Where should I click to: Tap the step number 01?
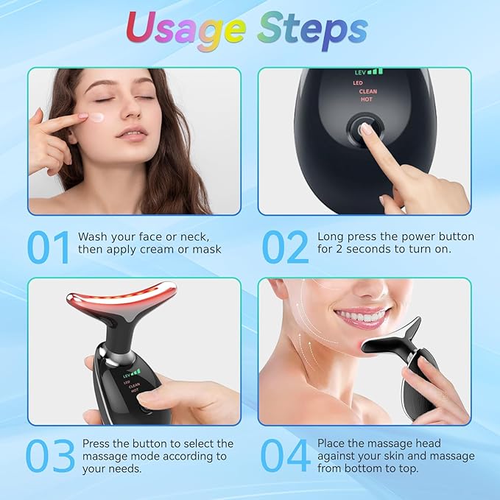click(x=49, y=248)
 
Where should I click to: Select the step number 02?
click(x=285, y=248)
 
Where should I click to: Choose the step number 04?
click(x=286, y=457)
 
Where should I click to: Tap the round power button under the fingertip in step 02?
click(x=365, y=128)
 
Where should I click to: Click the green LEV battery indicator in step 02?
click(x=368, y=72)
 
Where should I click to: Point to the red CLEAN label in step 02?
click(x=367, y=91)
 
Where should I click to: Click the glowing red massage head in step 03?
click(x=122, y=297)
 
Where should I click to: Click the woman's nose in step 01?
click(x=130, y=115)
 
